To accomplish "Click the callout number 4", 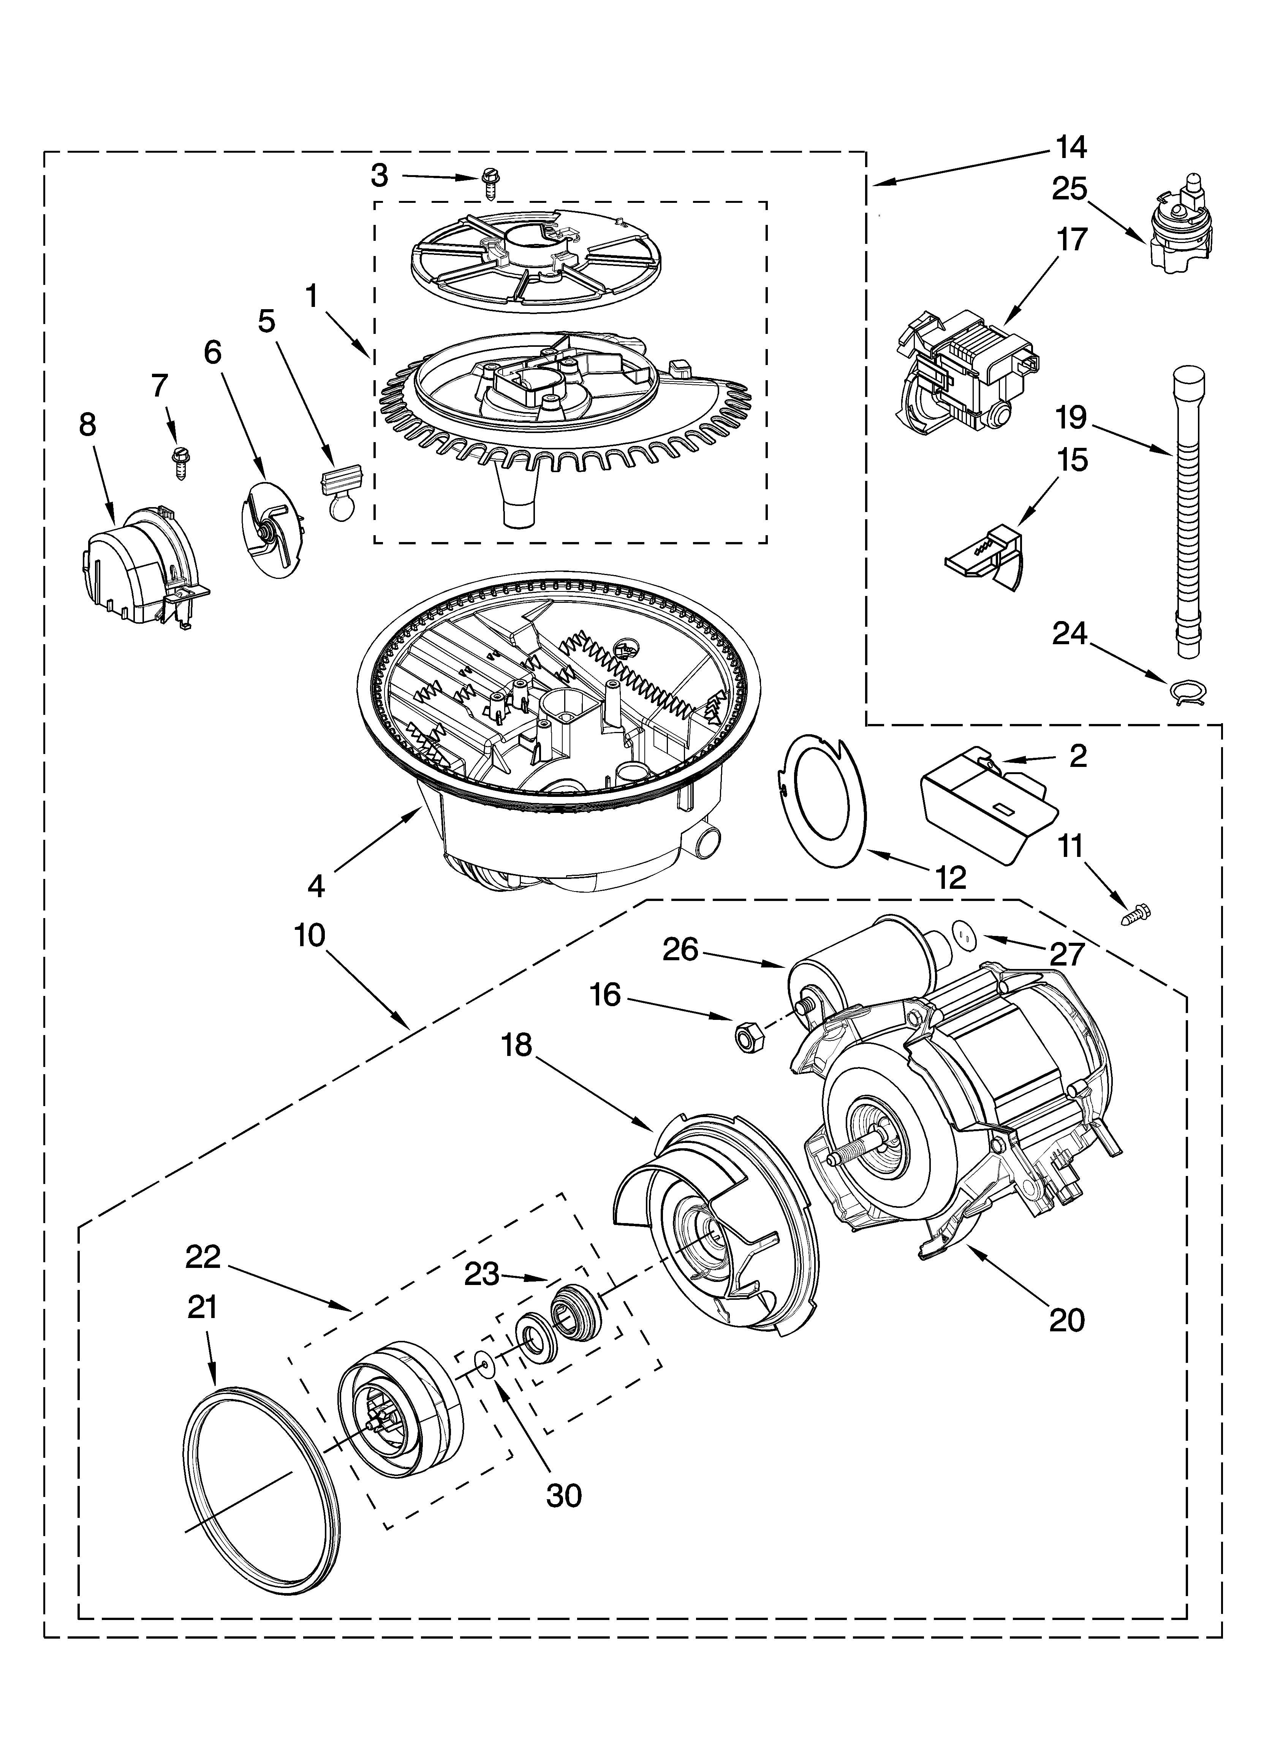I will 315,886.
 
